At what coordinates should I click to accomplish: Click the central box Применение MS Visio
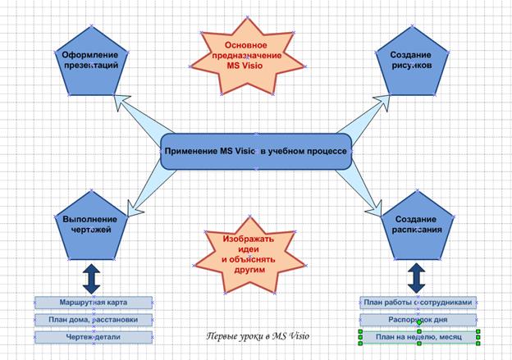(256, 152)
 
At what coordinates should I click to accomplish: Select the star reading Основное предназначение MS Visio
(247, 56)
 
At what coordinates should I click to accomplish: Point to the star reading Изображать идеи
(249, 255)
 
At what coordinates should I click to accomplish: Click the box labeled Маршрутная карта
(94, 303)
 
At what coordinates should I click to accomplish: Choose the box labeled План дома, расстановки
(94, 320)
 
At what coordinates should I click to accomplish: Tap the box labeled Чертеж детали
(94, 337)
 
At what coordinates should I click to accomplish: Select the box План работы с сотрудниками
(418, 303)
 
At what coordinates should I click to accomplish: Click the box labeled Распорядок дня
(418, 320)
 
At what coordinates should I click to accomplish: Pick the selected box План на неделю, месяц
(419, 337)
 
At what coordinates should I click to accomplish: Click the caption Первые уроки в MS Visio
(258, 336)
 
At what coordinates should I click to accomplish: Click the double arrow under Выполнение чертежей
(91, 279)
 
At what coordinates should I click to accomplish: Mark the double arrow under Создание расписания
(417, 278)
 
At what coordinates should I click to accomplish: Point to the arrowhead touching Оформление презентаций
(121, 102)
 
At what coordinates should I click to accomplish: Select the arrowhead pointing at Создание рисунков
(382, 102)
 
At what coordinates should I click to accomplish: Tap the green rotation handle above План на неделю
(419, 322)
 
